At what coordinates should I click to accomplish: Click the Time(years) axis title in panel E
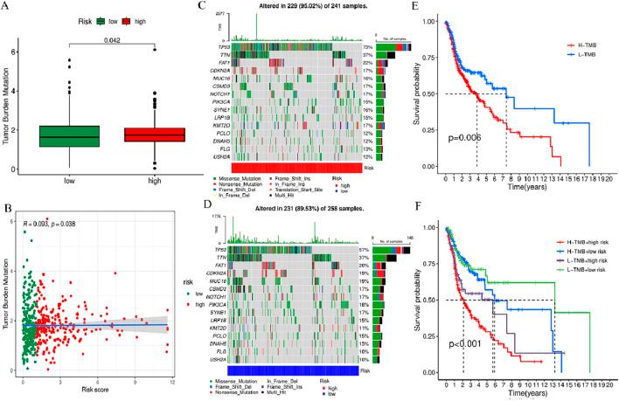point(534,186)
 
